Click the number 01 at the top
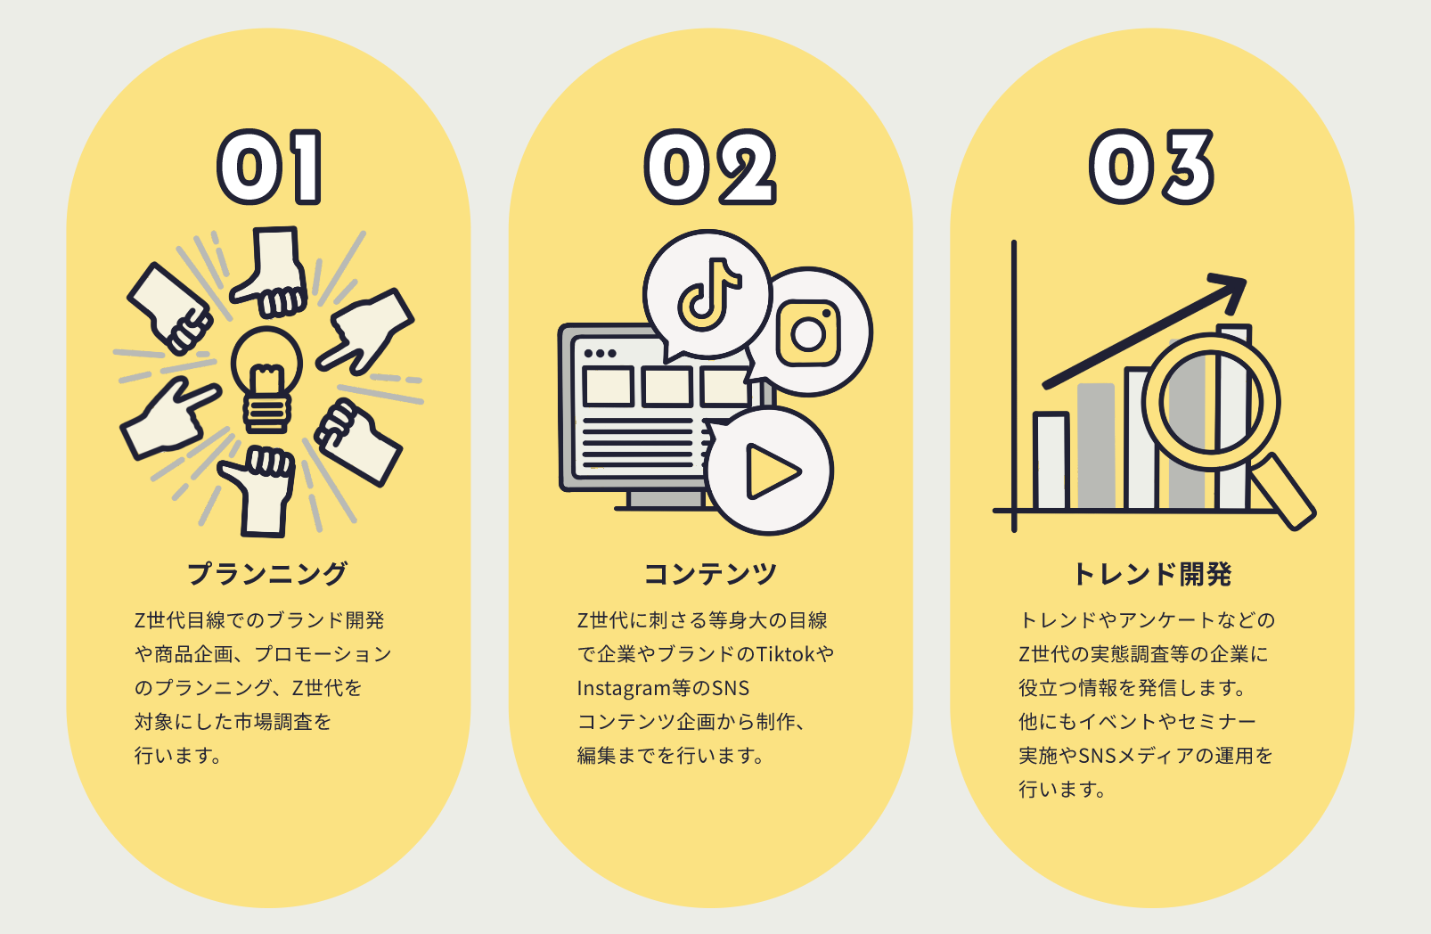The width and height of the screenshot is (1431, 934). pyautogui.click(x=269, y=168)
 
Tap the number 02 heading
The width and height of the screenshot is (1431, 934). pyautogui.click(x=710, y=168)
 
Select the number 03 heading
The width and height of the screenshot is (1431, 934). pyautogui.click(x=1151, y=168)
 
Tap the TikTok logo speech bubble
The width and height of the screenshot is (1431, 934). pyautogui.click(x=707, y=294)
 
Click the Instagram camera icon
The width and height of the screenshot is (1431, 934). pyautogui.click(x=808, y=333)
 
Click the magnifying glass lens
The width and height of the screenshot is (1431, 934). pyautogui.click(x=1210, y=402)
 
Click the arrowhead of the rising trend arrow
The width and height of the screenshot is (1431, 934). pyautogui.click(x=1231, y=287)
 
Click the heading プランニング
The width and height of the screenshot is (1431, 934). pyautogui.click(x=267, y=574)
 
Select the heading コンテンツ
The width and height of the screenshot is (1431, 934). pyautogui.click(x=710, y=574)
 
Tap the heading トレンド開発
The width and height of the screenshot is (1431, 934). pyautogui.click(x=1152, y=574)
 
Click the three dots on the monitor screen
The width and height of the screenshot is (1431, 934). pyautogui.click(x=600, y=354)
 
